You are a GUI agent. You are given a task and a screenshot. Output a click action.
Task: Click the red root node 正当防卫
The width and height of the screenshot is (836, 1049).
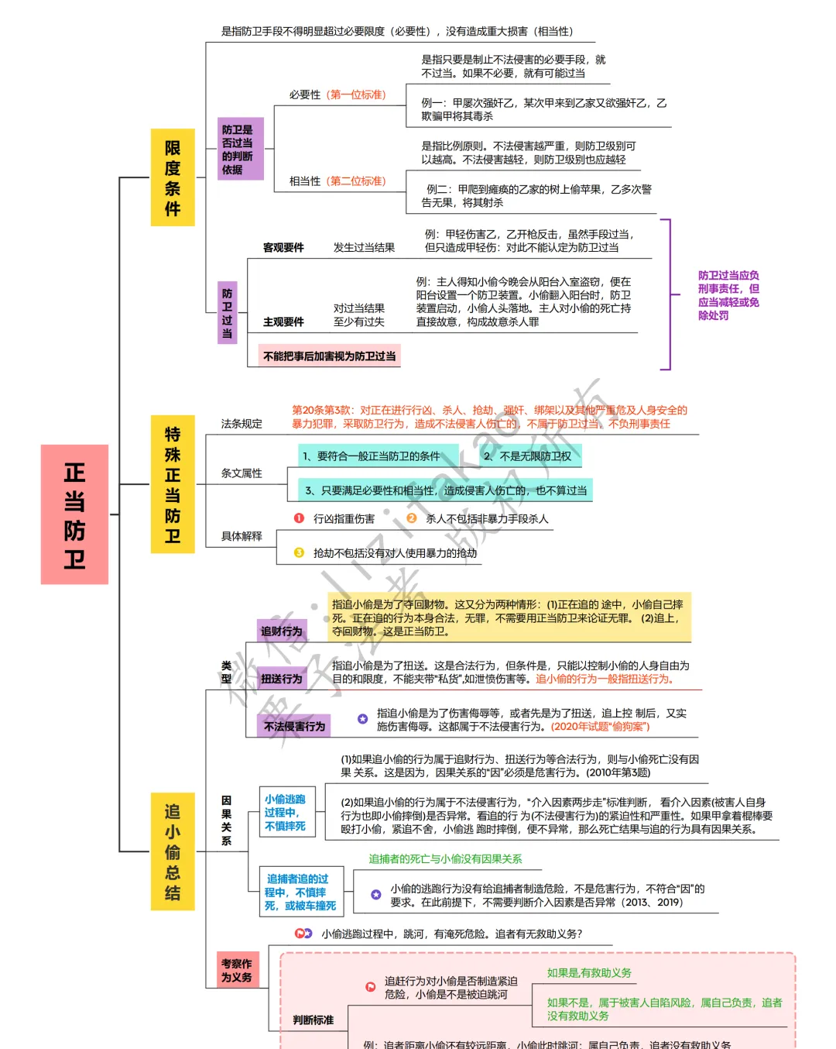click(74, 514)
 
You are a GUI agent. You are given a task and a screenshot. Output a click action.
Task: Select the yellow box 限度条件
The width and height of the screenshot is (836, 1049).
click(173, 177)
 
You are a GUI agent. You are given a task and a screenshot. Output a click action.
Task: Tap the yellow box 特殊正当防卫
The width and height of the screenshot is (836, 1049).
click(173, 484)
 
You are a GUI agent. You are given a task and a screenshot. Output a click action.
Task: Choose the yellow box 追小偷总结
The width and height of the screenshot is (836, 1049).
click(173, 851)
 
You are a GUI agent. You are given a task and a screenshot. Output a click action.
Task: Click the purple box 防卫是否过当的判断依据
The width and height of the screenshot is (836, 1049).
click(241, 149)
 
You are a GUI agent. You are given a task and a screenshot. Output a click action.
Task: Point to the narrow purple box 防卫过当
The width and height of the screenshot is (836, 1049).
click(227, 312)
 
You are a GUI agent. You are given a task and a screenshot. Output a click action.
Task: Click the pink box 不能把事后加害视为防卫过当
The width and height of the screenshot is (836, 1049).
click(330, 356)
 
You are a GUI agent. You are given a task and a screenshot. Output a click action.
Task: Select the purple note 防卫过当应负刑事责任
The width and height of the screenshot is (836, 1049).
click(728, 295)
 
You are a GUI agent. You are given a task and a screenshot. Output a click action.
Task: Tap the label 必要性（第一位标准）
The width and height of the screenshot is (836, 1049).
click(337, 95)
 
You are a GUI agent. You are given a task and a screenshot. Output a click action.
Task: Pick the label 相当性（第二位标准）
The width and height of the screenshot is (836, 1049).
click(337, 181)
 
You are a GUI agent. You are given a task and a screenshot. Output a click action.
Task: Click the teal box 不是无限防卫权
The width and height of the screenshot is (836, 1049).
click(528, 456)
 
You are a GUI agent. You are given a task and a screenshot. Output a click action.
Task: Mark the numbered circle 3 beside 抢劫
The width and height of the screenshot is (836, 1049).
click(299, 552)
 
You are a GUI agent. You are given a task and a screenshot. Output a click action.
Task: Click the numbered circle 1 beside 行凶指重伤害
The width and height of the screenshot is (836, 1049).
click(299, 518)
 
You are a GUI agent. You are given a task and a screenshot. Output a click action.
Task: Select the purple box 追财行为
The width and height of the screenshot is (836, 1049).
click(282, 631)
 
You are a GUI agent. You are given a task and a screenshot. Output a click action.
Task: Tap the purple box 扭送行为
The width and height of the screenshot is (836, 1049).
click(282, 679)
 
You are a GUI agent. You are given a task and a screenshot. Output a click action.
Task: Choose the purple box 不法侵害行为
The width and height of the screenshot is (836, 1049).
click(294, 726)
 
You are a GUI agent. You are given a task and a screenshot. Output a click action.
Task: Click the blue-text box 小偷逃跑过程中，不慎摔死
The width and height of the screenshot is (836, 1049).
click(286, 813)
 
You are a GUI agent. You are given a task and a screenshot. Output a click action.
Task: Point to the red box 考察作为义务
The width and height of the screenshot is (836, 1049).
click(237, 970)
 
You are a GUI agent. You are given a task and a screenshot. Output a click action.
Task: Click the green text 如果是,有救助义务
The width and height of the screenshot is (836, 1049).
click(589, 973)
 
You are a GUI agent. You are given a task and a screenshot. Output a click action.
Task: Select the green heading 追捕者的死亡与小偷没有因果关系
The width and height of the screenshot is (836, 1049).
click(445, 859)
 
